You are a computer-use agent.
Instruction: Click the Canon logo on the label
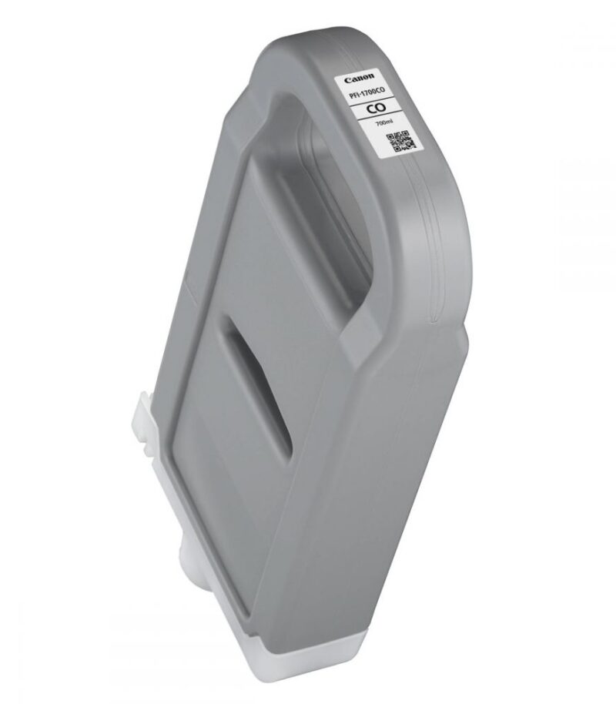(x=359, y=79)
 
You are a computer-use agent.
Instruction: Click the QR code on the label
(x=400, y=141)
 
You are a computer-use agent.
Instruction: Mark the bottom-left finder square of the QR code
(x=397, y=148)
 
